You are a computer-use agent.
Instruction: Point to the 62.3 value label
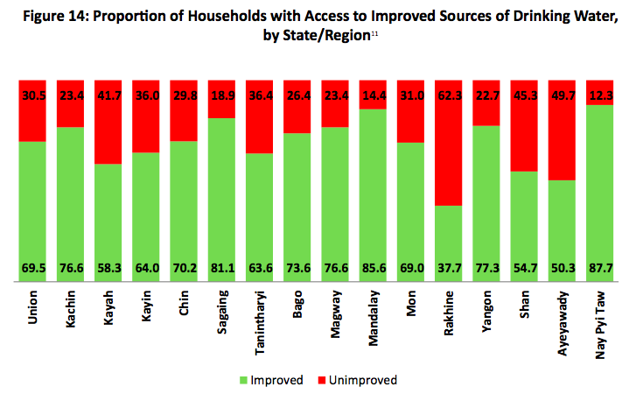[449, 95]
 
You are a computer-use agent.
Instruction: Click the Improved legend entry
[271, 380]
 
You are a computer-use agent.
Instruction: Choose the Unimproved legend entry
[361, 380]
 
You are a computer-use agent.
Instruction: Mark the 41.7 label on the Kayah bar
[108, 95]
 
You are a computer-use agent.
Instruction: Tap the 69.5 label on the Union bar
[33, 268]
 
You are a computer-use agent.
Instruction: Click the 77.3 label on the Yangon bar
[487, 268]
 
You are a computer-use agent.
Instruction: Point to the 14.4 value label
[374, 95]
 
